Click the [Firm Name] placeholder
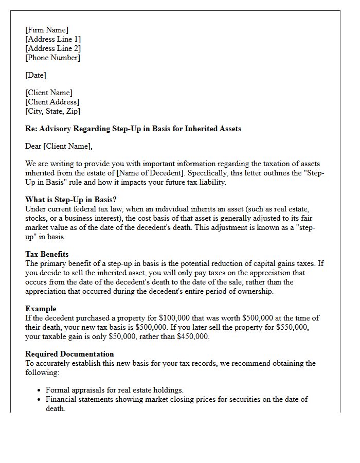(47, 30)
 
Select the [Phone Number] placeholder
(52, 58)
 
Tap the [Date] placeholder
(35, 75)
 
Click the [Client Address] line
(52, 102)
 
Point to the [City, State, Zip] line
(52, 111)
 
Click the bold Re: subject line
(133, 129)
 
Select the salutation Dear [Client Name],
(59, 146)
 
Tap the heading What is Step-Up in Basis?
(71, 200)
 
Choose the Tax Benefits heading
(47, 254)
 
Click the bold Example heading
(41, 309)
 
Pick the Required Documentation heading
(69, 354)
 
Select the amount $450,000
(193, 336)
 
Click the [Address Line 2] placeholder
(53, 48)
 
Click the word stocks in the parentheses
(36, 218)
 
